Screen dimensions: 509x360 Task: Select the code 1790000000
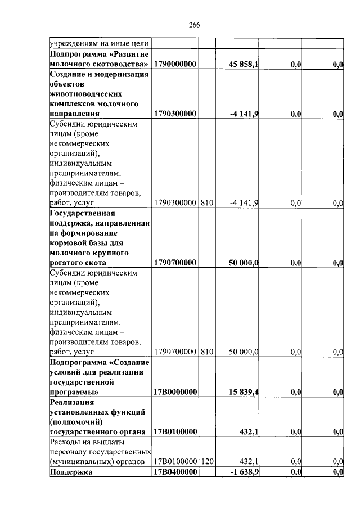(174, 65)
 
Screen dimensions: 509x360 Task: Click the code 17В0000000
(174, 391)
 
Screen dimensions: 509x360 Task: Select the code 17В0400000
(174, 472)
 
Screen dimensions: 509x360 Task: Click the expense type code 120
(206, 461)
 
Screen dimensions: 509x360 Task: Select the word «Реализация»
(71, 402)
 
